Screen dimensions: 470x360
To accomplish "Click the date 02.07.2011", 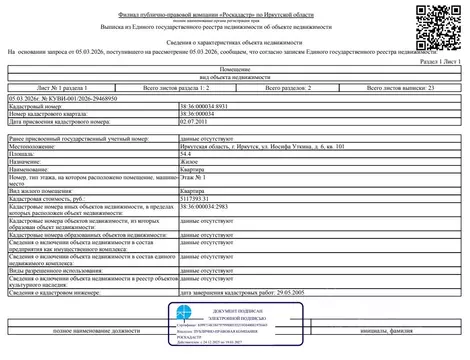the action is pos(193,121).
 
